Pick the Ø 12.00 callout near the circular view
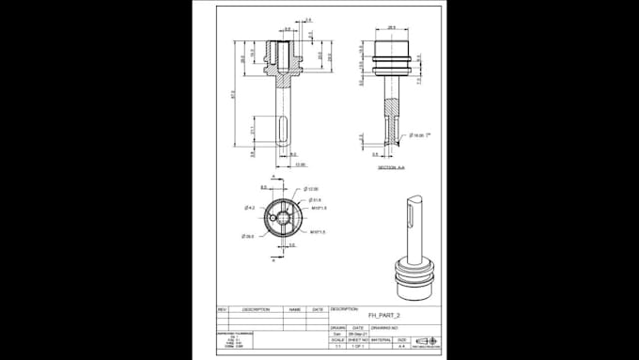[314, 190]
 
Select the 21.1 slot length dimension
[253, 130]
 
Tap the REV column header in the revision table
[223, 308]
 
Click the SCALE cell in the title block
[338, 340]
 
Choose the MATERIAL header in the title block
[382, 340]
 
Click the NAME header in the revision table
[294, 308]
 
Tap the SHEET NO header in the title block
[359, 340]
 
